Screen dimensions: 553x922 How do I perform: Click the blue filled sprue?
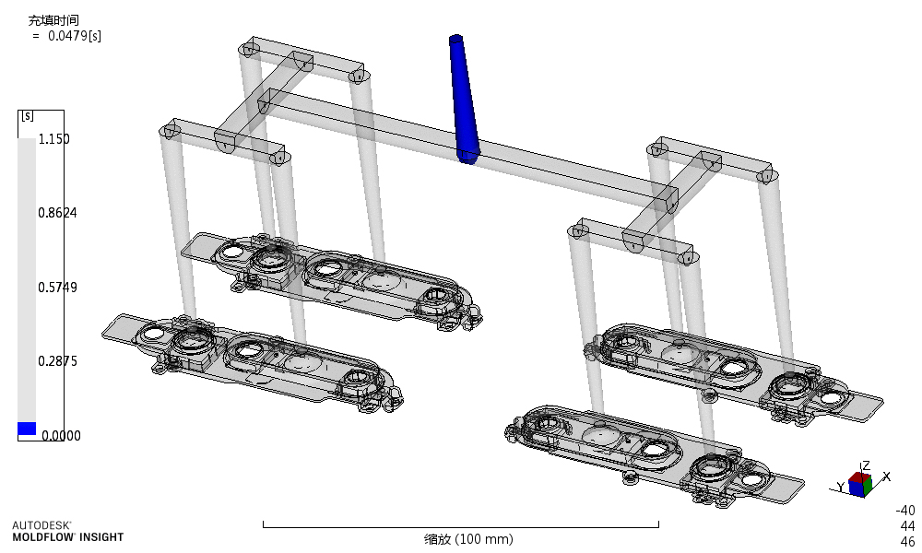tap(463, 97)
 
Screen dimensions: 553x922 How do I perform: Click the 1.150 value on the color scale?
tap(53, 139)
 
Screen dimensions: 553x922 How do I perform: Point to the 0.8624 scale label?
tap(57, 213)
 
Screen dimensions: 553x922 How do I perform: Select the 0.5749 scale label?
tap(57, 287)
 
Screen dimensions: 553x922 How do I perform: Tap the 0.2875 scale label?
tap(57, 360)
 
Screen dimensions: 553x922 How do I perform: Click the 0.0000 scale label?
tap(57, 435)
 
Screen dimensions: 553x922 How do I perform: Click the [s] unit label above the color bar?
tap(27, 116)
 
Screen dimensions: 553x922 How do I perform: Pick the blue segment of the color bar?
tap(27, 429)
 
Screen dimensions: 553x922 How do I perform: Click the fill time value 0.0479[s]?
tap(74, 35)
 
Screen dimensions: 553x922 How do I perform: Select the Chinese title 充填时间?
tap(47, 19)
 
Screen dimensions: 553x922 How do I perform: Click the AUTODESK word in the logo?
tap(41, 524)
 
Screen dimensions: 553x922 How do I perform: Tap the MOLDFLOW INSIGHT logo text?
tap(67, 536)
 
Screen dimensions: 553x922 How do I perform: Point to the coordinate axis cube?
tap(859, 484)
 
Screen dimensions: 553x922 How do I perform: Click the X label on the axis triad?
tap(886, 476)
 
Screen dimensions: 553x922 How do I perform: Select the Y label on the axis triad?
tap(841, 486)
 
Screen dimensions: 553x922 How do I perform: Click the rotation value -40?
tap(905, 510)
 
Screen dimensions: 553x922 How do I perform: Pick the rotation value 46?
tap(907, 541)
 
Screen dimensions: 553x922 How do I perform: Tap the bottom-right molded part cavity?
tap(645, 452)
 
